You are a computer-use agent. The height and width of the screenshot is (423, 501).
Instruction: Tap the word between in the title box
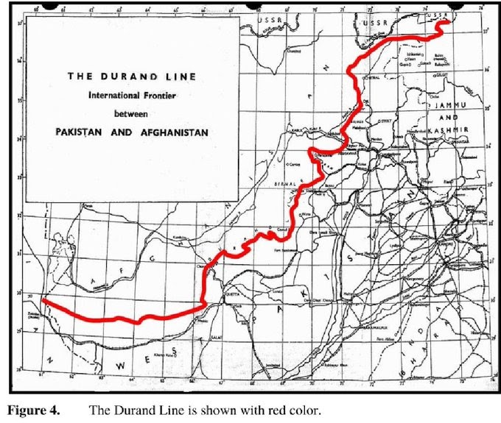pyautogui.click(x=130, y=114)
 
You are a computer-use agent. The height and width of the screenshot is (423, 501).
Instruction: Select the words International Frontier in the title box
pyautogui.click(x=130, y=96)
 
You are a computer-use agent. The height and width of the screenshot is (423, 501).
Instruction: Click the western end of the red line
pyautogui.click(x=43, y=300)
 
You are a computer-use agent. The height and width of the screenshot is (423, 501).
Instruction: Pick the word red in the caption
pyautogui.click(x=255, y=410)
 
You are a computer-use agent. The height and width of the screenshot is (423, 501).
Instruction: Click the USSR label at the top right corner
pyautogui.click(x=438, y=14)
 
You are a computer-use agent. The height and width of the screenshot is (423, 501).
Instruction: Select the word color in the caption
pyautogui.click(x=303, y=410)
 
